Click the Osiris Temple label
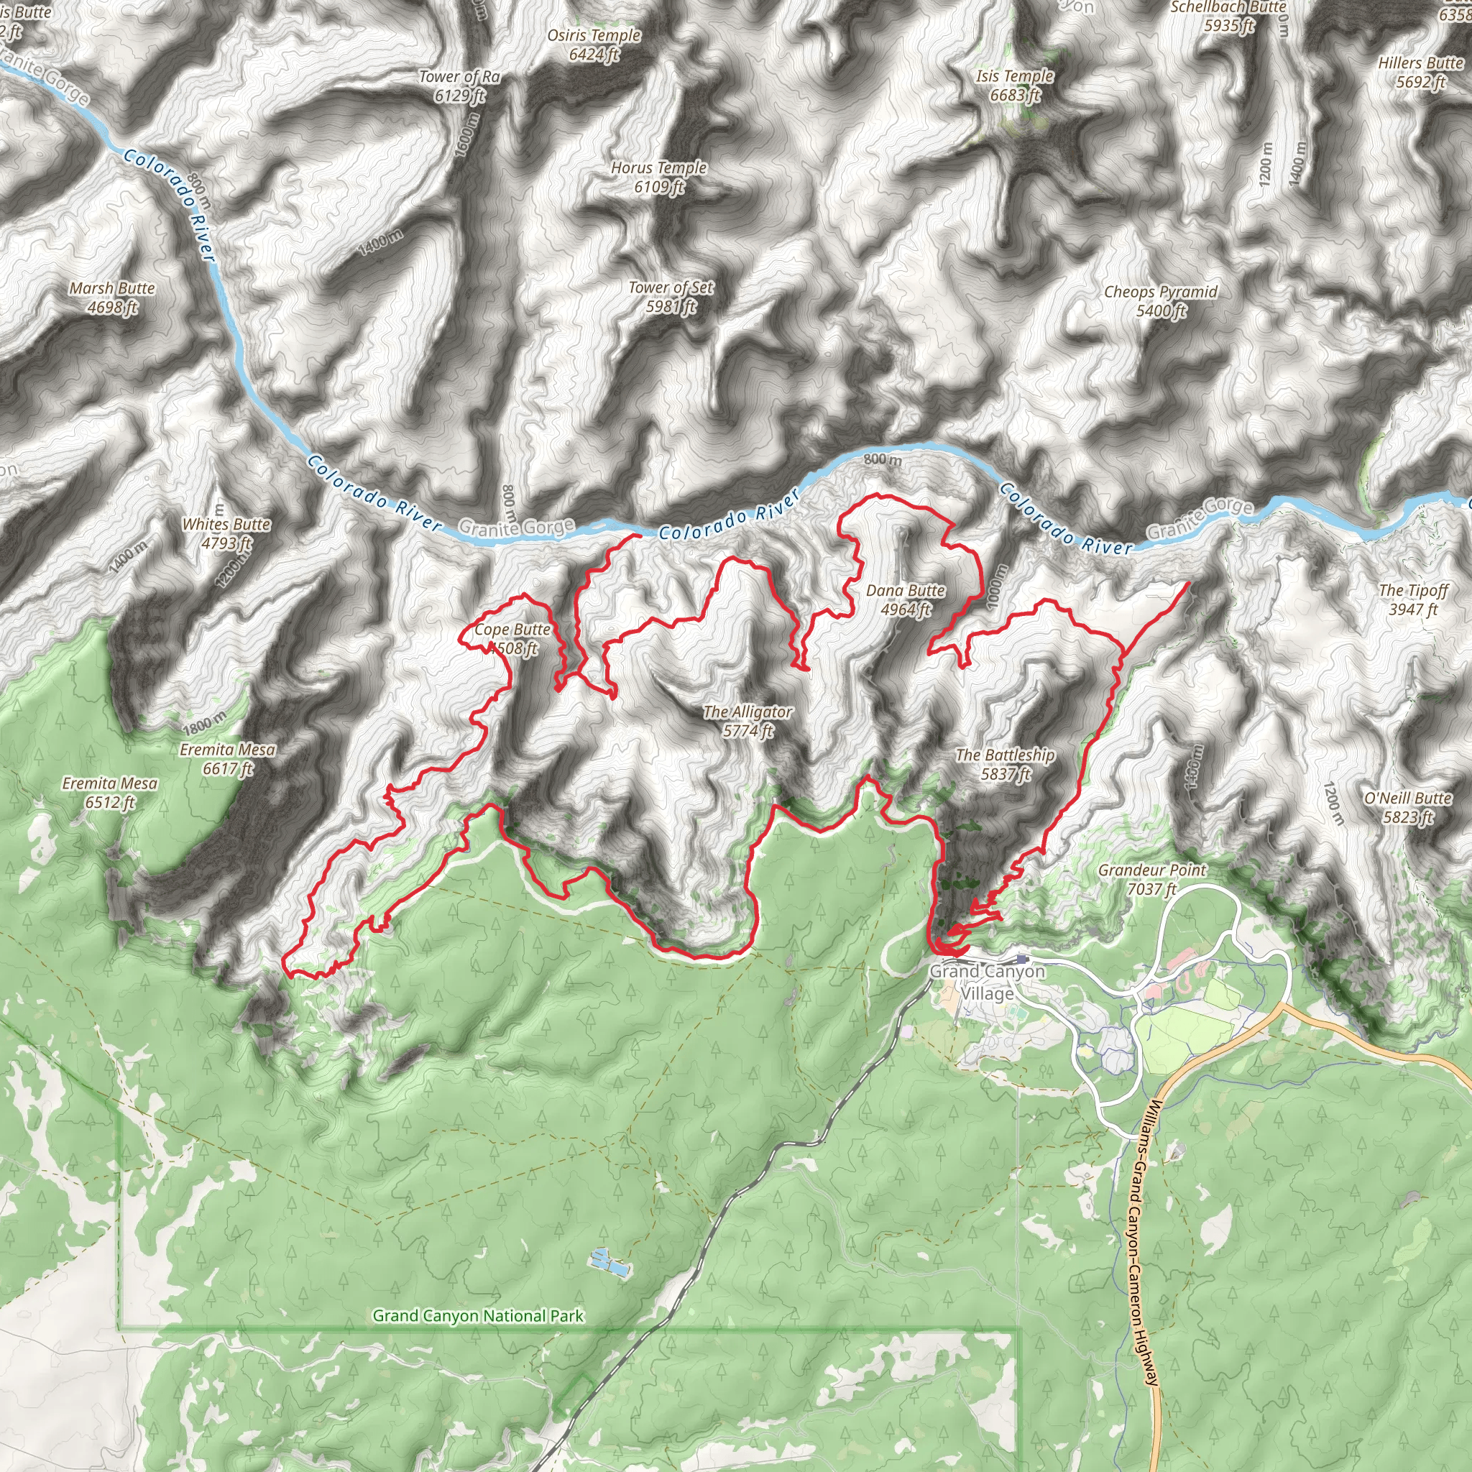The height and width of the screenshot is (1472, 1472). [x=594, y=44]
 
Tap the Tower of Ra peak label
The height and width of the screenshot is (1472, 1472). [x=459, y=86]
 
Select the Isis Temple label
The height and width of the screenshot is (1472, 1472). [x=1015, y=85]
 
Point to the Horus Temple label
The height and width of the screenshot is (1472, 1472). [x=659, y=177]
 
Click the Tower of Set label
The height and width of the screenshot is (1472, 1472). [x=671, y=296]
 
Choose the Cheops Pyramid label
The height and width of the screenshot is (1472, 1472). [x=1160, y=301]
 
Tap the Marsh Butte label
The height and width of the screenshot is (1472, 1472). [x=112, y=297]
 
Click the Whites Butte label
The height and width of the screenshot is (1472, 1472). [x=226, y=533]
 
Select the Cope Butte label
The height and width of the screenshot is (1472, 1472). [x=512, y=638]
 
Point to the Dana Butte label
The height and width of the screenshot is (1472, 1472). [x=905, y=599]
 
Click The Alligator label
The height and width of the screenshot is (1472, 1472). [x=747, y=721]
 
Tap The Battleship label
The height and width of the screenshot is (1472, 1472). [x=1005, y=764]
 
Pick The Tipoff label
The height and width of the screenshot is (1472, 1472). [x=1413, y=599]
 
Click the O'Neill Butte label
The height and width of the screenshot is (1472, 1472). [x=1408, y=808]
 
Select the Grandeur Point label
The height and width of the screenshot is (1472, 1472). [x=1152, y=879]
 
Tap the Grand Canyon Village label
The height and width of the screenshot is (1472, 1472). [x=987, y=982]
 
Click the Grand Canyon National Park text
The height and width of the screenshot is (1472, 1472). [x=478, y=1316]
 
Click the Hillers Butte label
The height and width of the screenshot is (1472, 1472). [x=1420, y=72]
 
